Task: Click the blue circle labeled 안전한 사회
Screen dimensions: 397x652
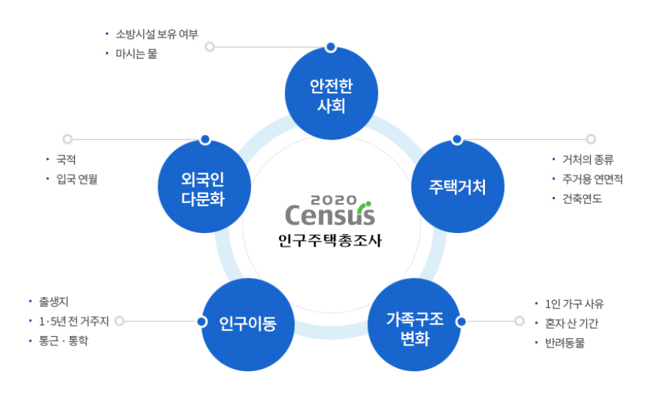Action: click(x=331, y=95)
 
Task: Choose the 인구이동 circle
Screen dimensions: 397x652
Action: click(x=248, y=323)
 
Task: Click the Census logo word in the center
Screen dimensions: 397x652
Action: click(x=330, y=214)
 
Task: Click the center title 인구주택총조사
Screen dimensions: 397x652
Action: click(x=330, y=240)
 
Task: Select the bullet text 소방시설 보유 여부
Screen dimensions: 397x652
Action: click(x=157, y=34)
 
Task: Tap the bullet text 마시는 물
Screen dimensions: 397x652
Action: click(x=136, y=54)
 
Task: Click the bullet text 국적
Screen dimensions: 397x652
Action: click(x=66, y=159)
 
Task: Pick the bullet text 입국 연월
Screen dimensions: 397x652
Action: click(x=77, y=179)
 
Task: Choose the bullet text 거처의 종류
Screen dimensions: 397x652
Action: click(x=587, y=160)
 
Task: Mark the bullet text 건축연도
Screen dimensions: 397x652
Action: click(x=582, y=198)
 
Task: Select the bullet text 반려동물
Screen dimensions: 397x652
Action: click(x=565, y=343)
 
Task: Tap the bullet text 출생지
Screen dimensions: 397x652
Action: click(x=54, y=301)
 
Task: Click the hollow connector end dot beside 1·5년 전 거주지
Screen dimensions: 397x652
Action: click(x=120, y=321)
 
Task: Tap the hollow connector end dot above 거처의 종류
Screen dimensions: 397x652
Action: click(x=590, y=139)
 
